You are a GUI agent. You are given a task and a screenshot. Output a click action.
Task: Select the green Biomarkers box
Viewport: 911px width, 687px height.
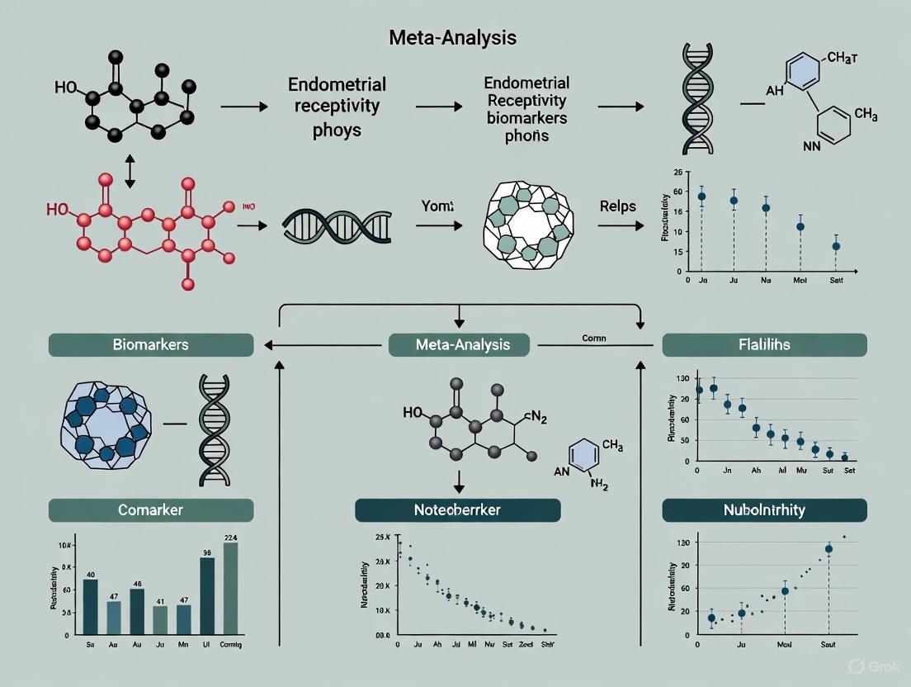click(x=150, y=344)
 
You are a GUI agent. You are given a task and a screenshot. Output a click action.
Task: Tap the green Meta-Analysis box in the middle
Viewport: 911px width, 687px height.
click(x=461, y=344)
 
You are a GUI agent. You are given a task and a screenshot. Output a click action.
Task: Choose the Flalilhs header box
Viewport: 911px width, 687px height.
click(x=764, y=344)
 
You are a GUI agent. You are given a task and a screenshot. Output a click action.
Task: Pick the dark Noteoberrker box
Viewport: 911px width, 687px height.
click(x=457, y=510)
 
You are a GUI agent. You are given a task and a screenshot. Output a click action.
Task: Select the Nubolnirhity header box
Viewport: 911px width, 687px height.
click(x=764, y=509)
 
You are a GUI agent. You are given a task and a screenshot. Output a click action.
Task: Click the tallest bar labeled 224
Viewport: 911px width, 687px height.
click(x=230, y=588)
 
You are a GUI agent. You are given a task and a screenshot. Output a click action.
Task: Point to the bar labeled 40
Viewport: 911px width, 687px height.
click(x=91, y=606)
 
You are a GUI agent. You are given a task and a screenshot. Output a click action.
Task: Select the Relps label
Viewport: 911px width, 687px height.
click(x=618, y=206)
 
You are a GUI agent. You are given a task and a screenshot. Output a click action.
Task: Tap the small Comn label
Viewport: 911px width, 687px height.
click(x=593, y=339)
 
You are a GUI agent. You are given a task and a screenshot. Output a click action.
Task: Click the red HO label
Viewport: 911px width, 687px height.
click(x=58, y=210)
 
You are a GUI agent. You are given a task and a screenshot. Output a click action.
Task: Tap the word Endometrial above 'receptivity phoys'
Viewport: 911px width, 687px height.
click(x=337, y=85)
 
